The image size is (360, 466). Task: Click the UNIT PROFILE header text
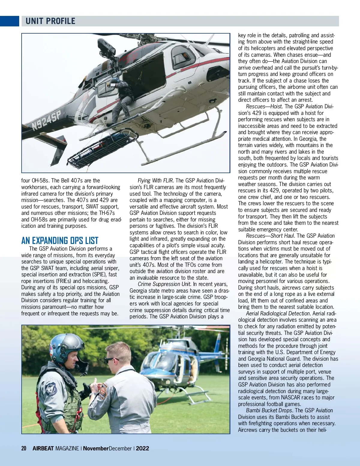(x=50, y=21)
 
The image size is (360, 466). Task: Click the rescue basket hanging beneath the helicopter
(x=102, y=147)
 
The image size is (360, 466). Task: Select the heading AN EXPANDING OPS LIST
(x=60, y=241)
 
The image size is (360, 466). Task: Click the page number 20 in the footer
(x=24, y=448)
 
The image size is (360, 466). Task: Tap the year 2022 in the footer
(x=142, y=448)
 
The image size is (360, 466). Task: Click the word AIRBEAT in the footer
(x=43, y=448)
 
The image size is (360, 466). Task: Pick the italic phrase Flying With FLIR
(x=155, y=181)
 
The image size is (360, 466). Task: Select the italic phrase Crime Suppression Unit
(x=164, y=284)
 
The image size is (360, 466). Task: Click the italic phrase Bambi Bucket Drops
(x=269, y=410)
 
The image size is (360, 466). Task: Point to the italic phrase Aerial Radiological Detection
(x=278, y=314)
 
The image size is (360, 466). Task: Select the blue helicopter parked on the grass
(x=177, y=366)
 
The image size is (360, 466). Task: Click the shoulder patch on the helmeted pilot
(x=51, y=389)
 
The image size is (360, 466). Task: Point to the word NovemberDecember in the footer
(x=107, y=448)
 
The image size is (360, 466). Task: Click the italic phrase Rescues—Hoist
(x=264, y=107)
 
